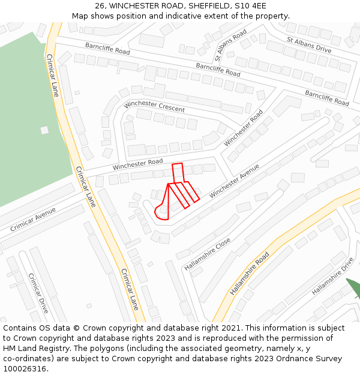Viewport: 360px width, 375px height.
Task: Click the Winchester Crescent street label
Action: pyautogui.click(x=154, y=106)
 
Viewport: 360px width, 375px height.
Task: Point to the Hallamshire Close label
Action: pyautogui.click(x=207, y=254)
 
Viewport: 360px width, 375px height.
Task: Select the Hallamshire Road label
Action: pyautogui.click(x=250, y=273)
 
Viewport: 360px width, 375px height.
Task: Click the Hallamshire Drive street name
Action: pyautogui.click(x=332, y=276)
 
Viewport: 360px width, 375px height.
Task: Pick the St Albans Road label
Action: pyautogui.click(x=230, y=43)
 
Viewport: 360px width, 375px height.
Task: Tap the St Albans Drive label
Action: pyautogui.click(x=308, y=44)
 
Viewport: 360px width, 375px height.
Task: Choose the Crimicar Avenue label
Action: pyautogui.click(x=33, y=219)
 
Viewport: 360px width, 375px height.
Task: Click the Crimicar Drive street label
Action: pyautogui.click(x=38, y=293)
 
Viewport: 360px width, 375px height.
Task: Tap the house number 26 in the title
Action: pyautogui.click(x=100, y=6)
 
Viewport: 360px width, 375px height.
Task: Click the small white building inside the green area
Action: pyautogui.click(x=44, y=130)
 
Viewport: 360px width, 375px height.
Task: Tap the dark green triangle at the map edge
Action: pyautogui.click(x=353, y=287)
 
